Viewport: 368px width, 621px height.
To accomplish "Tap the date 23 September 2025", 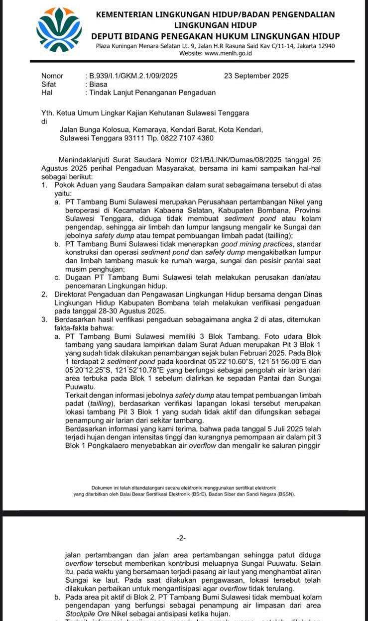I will click(x=256, y=76).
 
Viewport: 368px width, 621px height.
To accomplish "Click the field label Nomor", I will click(x=52, y=76).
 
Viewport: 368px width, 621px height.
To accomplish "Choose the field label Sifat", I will click(x=49, y=84).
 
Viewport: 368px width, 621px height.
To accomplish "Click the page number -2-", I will click(x=181, y=538).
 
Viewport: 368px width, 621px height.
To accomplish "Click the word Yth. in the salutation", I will click(x=48, y=113).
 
